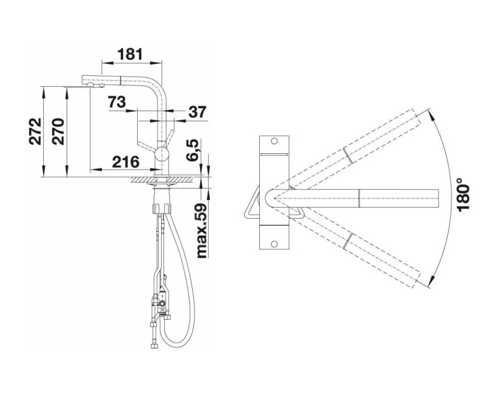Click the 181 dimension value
(130, 54)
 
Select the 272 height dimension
(35, 131)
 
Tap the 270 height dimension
(59, 131)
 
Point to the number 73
(117, 102)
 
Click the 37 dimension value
(197, 112)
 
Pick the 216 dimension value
(126, 162)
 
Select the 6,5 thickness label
(192, 150)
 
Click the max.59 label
(202, 231)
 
